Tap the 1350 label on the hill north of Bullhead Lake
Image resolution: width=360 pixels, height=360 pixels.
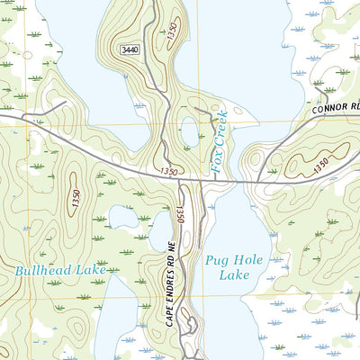(76, 197)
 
